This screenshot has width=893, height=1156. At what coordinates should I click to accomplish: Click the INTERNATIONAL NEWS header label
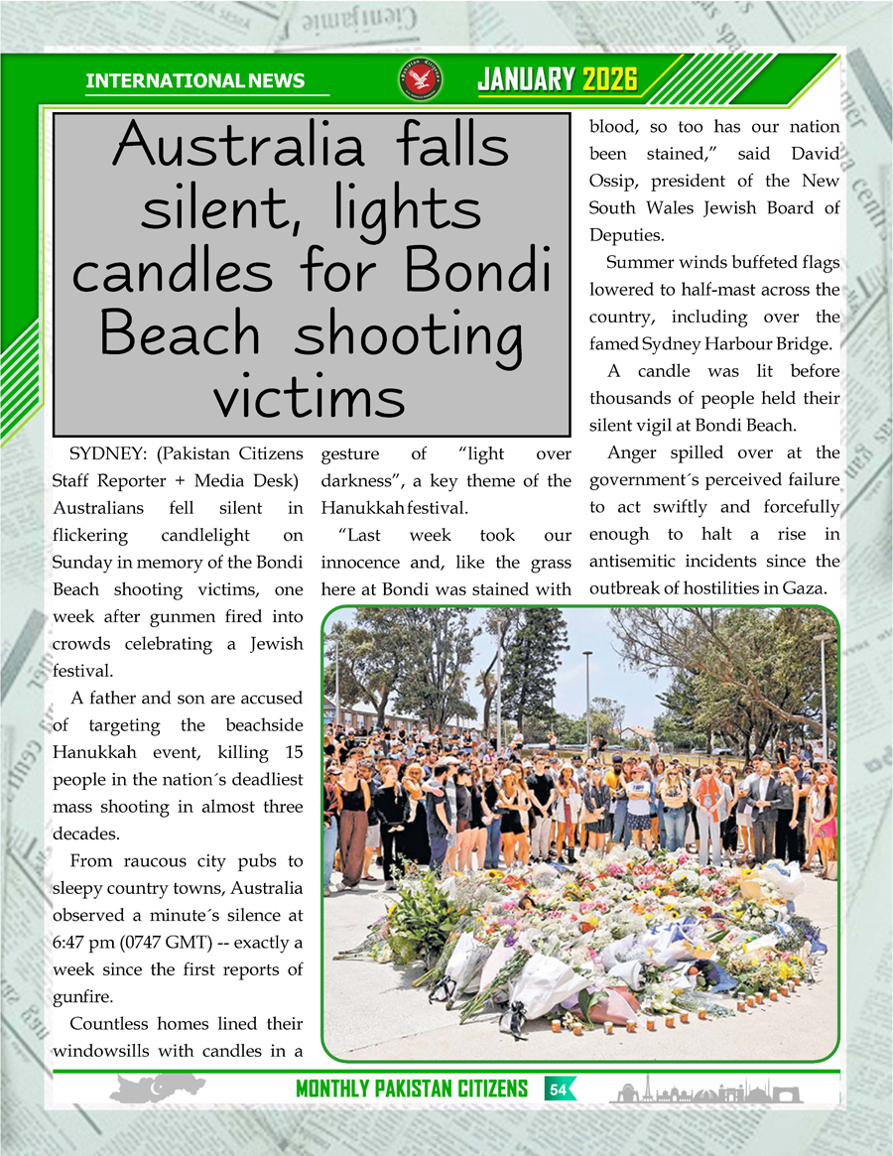pyautogui.click(x=195, y=80)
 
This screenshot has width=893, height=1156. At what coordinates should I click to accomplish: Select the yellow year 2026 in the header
pyautogui.click(x=609, y=79)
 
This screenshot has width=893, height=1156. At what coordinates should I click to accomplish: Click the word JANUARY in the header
pyautogui.click(x=526, y=79)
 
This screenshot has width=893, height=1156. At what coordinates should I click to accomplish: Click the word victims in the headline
pyautogui.click(x=310, y=397)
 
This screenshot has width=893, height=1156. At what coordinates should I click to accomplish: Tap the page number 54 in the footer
pyautogui.click(x=558, y=1090)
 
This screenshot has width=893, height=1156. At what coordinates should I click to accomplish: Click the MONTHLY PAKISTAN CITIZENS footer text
pyautogui.click(x=411, y=1090)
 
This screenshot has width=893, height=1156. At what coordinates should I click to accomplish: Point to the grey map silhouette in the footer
pyautogui.click(x=156, y=1090)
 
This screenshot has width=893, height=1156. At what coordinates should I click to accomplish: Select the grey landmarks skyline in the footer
pyautogui.click(x=705, y=1092)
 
